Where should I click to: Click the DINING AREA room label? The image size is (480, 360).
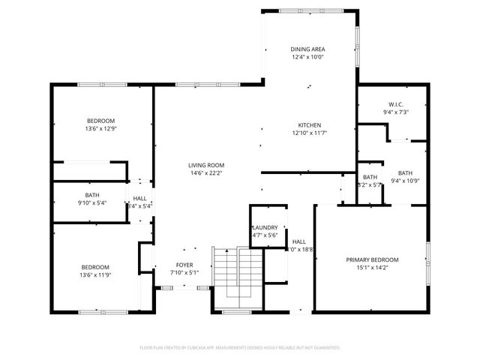(x=308, y=49)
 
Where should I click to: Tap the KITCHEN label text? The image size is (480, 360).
(x=310, y=125)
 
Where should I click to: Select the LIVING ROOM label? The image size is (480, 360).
(x=206, y=166)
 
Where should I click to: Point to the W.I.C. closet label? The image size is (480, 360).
(x=397, y=104)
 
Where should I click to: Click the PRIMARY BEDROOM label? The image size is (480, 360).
(x=372, y=260)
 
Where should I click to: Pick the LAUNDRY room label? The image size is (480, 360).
(x=265, y=228)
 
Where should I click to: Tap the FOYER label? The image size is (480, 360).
(x=184, y=265)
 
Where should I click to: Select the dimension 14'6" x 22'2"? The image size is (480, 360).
(x=206, y=173)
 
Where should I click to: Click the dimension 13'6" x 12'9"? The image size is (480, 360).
(x=100, y=129)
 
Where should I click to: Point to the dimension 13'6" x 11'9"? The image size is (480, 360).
(x=95, y=275)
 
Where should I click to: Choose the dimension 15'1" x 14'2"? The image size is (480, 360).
(x=372, y=268)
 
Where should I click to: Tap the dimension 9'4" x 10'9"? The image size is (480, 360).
(x=405, y=180)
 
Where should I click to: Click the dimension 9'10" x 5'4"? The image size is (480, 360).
(x=91, y=202)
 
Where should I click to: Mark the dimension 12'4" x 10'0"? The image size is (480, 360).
(x=308, y=57)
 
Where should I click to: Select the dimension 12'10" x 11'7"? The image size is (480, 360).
(x=310, y=133)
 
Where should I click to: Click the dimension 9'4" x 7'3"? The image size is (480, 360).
(x=397, y=112)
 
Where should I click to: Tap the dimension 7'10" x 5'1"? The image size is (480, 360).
(x=184, y=272)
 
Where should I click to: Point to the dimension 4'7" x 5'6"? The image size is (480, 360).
(x=265, y=235)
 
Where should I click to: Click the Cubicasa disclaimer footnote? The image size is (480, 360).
(x=240, y=348)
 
